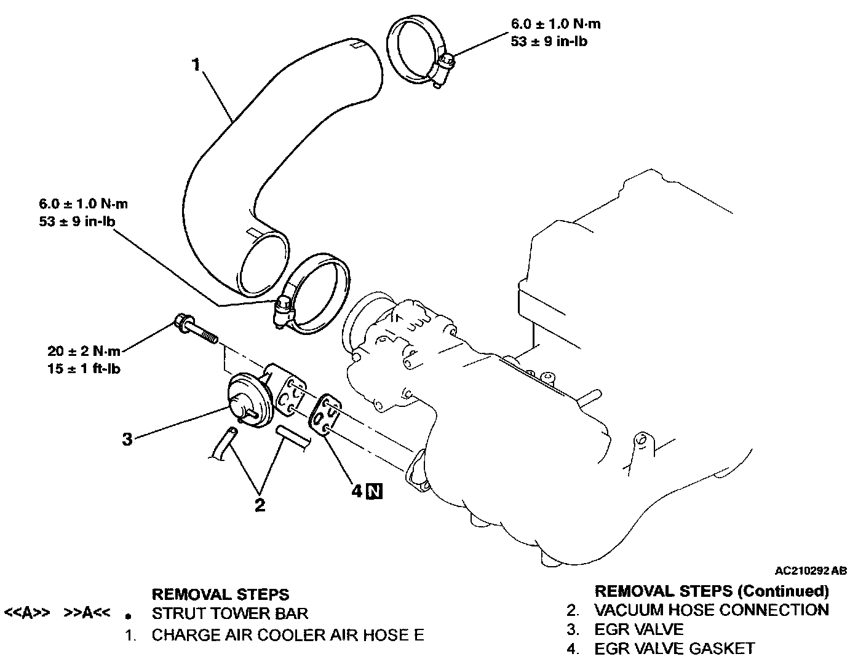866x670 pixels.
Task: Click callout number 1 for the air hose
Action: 196,65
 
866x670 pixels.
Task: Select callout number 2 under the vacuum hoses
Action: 260,505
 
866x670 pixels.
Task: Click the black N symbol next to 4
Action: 374,491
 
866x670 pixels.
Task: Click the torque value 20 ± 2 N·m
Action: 84,352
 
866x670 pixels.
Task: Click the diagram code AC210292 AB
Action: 811,571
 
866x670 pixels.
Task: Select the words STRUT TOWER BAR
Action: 230,613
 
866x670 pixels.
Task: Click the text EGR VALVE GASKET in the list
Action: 674,648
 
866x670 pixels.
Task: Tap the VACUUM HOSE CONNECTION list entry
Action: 711,610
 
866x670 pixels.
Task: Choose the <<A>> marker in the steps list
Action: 26,613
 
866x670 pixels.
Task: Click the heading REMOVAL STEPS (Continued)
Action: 712,591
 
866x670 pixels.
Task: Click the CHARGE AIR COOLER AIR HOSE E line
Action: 288,635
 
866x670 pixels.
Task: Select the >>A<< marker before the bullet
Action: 87,613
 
